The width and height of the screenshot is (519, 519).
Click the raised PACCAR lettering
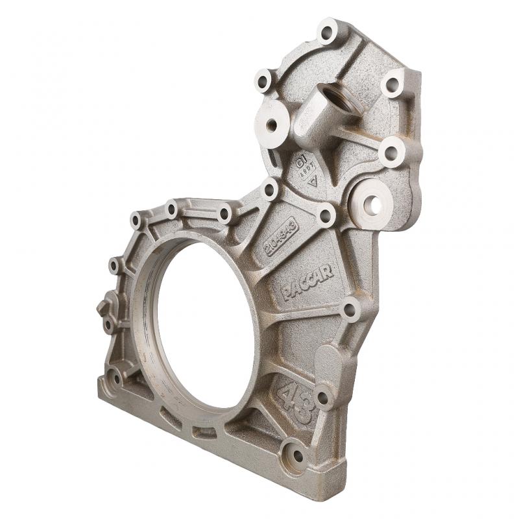308,283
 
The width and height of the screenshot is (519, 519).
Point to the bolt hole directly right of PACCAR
349,309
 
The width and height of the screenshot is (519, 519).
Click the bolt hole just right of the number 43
322,397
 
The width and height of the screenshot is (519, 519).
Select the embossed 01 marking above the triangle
301,160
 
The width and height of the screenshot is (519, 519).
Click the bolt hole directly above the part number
269,189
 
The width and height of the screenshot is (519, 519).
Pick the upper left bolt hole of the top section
263,80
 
